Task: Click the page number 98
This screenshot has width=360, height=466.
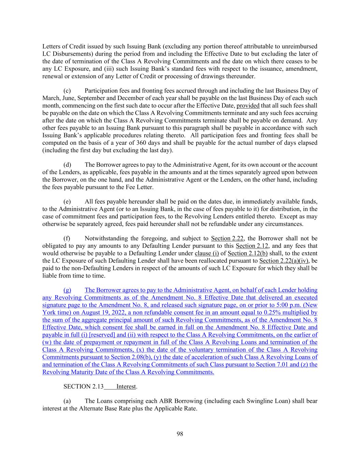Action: coord(180,434)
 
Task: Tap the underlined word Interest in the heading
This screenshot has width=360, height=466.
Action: coord(126,386)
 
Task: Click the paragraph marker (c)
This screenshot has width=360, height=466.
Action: coord(67,91)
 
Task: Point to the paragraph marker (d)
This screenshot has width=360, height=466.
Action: coord(67,165)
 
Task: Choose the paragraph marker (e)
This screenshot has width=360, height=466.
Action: coord(67,202)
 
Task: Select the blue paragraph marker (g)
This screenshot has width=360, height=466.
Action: coord(67,290)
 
